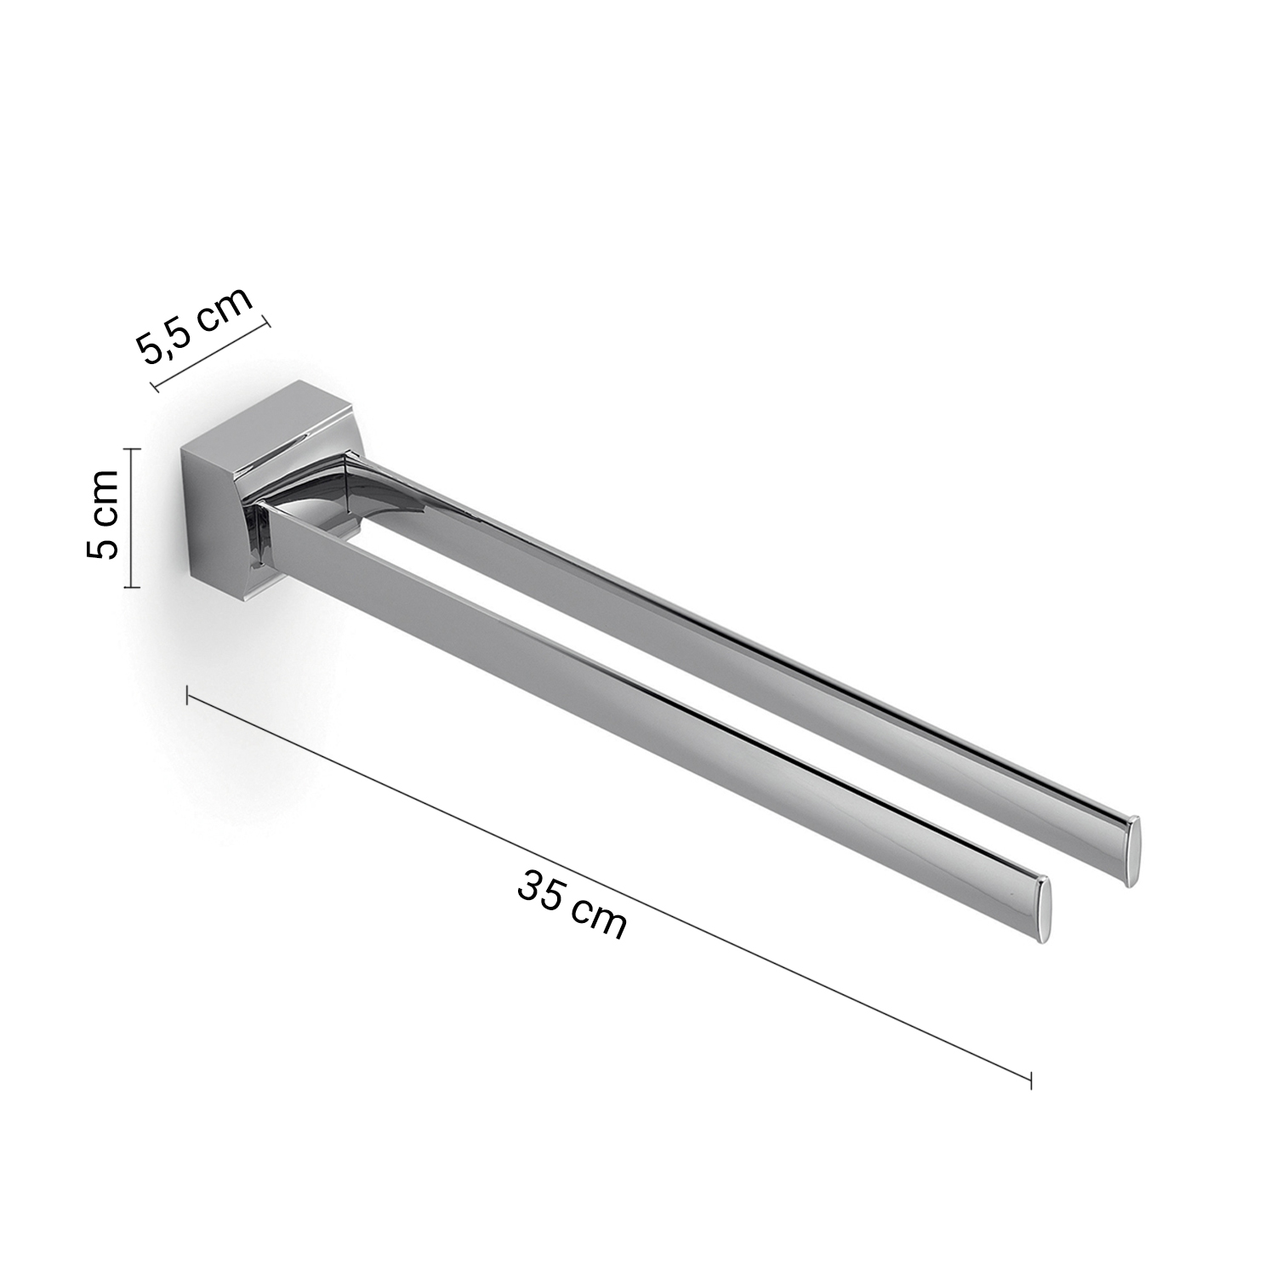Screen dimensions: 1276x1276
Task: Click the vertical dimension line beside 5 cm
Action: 129,518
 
